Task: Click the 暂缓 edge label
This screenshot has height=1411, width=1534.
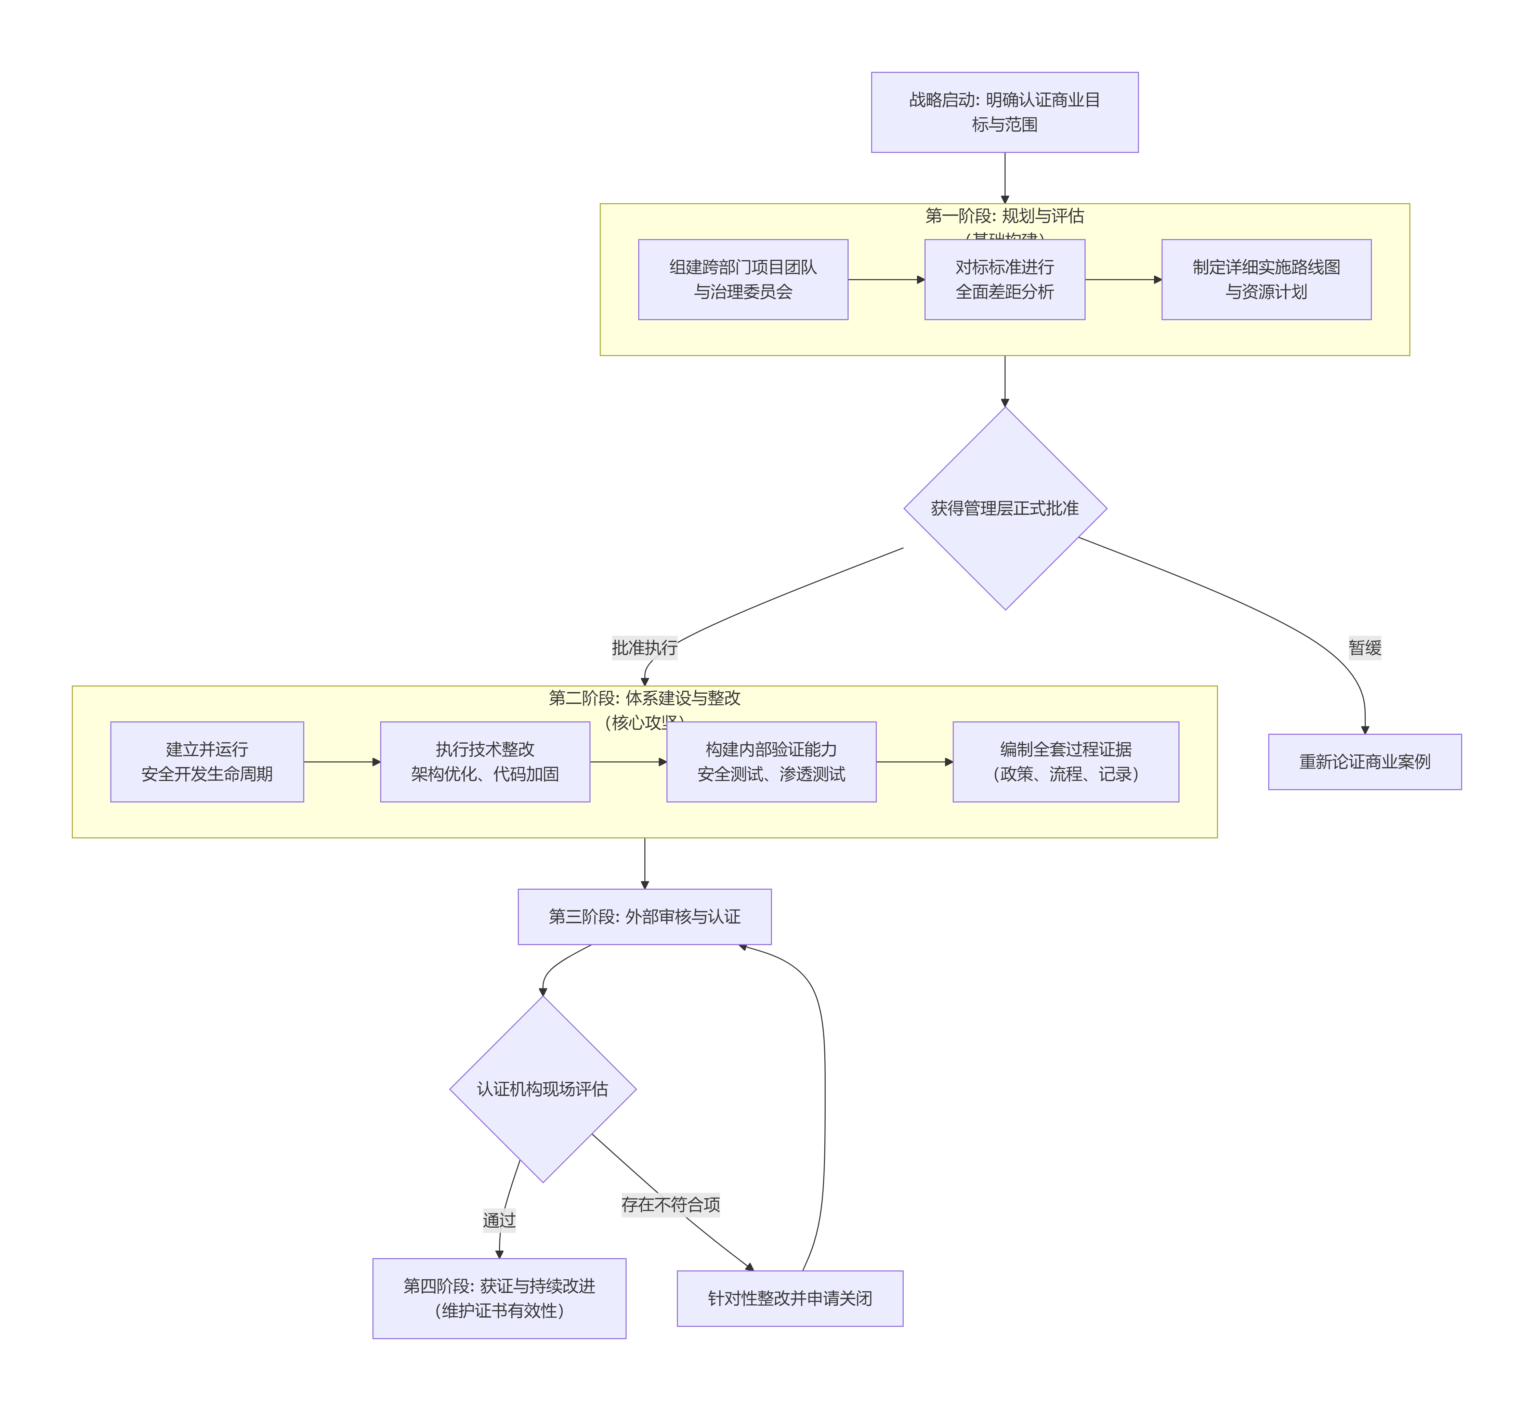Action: [1364, 648]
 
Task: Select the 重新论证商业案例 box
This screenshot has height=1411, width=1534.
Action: [1364, 761]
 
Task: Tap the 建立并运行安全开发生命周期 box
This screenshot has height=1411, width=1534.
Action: [207, 761]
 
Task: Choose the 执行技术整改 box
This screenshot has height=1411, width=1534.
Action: [485, 761]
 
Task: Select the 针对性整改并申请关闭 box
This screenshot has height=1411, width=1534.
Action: [789, 1298]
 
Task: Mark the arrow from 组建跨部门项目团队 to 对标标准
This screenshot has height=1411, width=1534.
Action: [886, 279]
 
